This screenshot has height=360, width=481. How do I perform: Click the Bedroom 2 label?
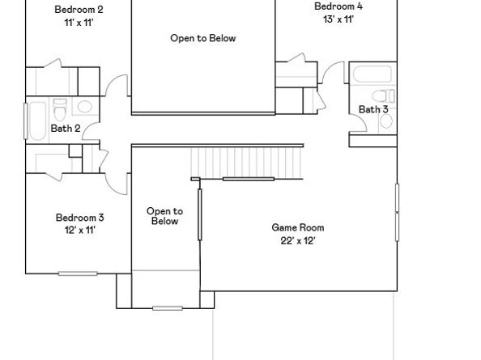(79, 10)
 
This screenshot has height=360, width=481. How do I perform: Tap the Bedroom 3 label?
(79, 217)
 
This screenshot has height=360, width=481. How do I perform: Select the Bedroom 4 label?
(338, 6)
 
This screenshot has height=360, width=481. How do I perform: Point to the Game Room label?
(297, 227)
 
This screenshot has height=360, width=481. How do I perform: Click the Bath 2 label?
(66, 128)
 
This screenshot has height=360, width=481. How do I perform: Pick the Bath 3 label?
(373, 109)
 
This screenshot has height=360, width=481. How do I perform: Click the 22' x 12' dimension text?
(297, 240)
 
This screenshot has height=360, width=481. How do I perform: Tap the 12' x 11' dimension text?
(79, 230)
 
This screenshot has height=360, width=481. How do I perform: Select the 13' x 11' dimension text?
(338, 19)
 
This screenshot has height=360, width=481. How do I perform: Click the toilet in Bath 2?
(59, 108)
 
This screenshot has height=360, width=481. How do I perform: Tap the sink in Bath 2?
(85, 107)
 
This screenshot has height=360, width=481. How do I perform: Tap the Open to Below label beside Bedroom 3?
(164, 216)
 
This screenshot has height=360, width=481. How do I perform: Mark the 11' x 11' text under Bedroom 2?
(79, 23)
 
